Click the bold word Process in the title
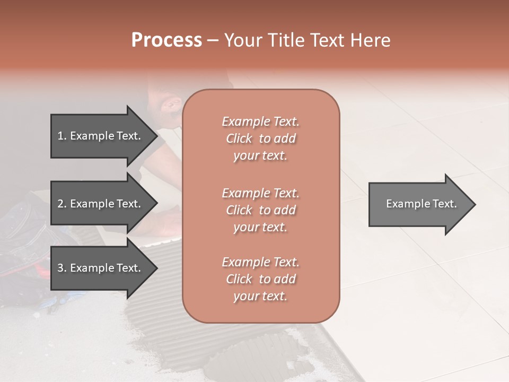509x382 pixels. pyautogui.click(x=166, y=40)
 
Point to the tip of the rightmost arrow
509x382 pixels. pyautogui.click(x=475, y=204)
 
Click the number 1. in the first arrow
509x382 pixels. pyautogui.click(x=62, y=136)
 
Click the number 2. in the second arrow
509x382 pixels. pyautogui.click(x=62, y=204)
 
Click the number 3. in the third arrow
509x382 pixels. pyautogui.click(x=62, y=268)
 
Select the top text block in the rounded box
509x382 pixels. pyautogui.click(x=261, y=138)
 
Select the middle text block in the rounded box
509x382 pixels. pyautogui.click(x=261, y=210)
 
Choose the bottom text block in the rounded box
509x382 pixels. pyautogui.click(x=261, y=279)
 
